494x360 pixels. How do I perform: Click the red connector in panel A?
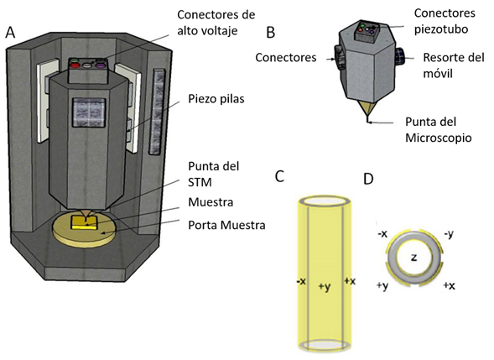(75, 65)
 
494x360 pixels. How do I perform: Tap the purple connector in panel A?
(101, 65)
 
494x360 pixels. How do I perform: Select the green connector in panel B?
(362, 25)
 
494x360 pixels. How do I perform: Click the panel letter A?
(10, 32)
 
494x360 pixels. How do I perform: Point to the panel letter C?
(279, 176)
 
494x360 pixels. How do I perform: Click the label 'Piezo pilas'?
(216, 99)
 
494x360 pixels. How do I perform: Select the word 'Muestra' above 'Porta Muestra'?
(211, 202)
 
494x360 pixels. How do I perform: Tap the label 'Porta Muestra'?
(226, 226)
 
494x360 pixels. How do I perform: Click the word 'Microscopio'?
(439, 138)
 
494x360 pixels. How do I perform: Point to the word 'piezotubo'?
(441, 29)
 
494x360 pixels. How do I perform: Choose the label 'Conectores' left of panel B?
(286, 58)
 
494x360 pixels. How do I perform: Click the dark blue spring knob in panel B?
(399, 57)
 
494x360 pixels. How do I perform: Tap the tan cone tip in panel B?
(368, 110)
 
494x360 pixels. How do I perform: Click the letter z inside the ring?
(413, 258)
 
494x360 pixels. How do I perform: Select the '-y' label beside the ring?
(449, 234)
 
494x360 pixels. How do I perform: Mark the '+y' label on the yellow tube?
(325, 287)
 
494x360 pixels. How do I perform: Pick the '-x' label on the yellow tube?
(301, 281)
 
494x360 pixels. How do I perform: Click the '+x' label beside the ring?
(450, 285)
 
